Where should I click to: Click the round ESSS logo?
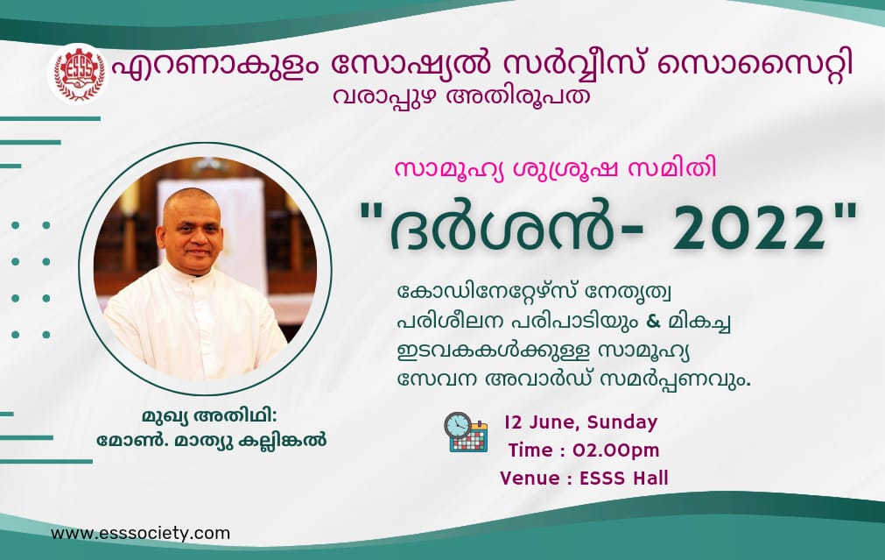point(79,74)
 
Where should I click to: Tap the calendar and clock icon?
point(466,432)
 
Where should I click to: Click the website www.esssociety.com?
point(141,534)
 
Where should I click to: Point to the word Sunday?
point(622,422)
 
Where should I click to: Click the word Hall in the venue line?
point(650,478)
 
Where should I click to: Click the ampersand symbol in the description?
point(652,321)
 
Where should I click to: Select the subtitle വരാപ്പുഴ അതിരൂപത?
point(461,96)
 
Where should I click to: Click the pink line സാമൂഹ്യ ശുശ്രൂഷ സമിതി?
point(555,169)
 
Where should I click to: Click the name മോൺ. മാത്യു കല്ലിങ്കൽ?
point(212,440)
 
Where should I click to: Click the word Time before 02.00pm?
point(530,450)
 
